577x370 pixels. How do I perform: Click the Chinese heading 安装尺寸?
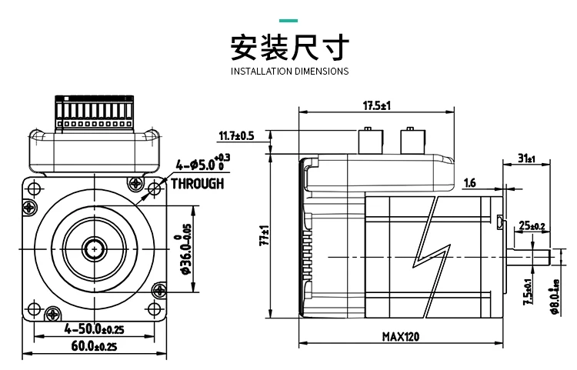coord(289,47)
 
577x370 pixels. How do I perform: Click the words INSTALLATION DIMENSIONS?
coord(289,71)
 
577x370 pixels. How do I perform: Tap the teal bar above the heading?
coord(288,21)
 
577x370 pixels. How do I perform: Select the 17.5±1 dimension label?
coord(377,105)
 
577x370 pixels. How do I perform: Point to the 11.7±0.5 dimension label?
coord(237,135)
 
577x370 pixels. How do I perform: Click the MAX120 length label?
coord(400,336)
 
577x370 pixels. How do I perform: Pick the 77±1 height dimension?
coord(265,235)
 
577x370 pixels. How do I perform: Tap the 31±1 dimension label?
coord(526,158)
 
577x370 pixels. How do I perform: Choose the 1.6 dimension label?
coord(469,182)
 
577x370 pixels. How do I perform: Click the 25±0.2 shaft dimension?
coord(532,225)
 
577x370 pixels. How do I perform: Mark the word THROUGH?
coord(197,183)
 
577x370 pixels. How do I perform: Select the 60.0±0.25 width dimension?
coord(94,346)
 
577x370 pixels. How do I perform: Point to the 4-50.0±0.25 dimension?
coord(94,328)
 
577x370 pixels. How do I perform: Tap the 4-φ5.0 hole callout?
coord(203,163)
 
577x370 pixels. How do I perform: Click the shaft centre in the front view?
coord(95,249)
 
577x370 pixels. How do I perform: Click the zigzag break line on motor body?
coord(432,257)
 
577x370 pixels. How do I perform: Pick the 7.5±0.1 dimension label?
coord(529,292)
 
